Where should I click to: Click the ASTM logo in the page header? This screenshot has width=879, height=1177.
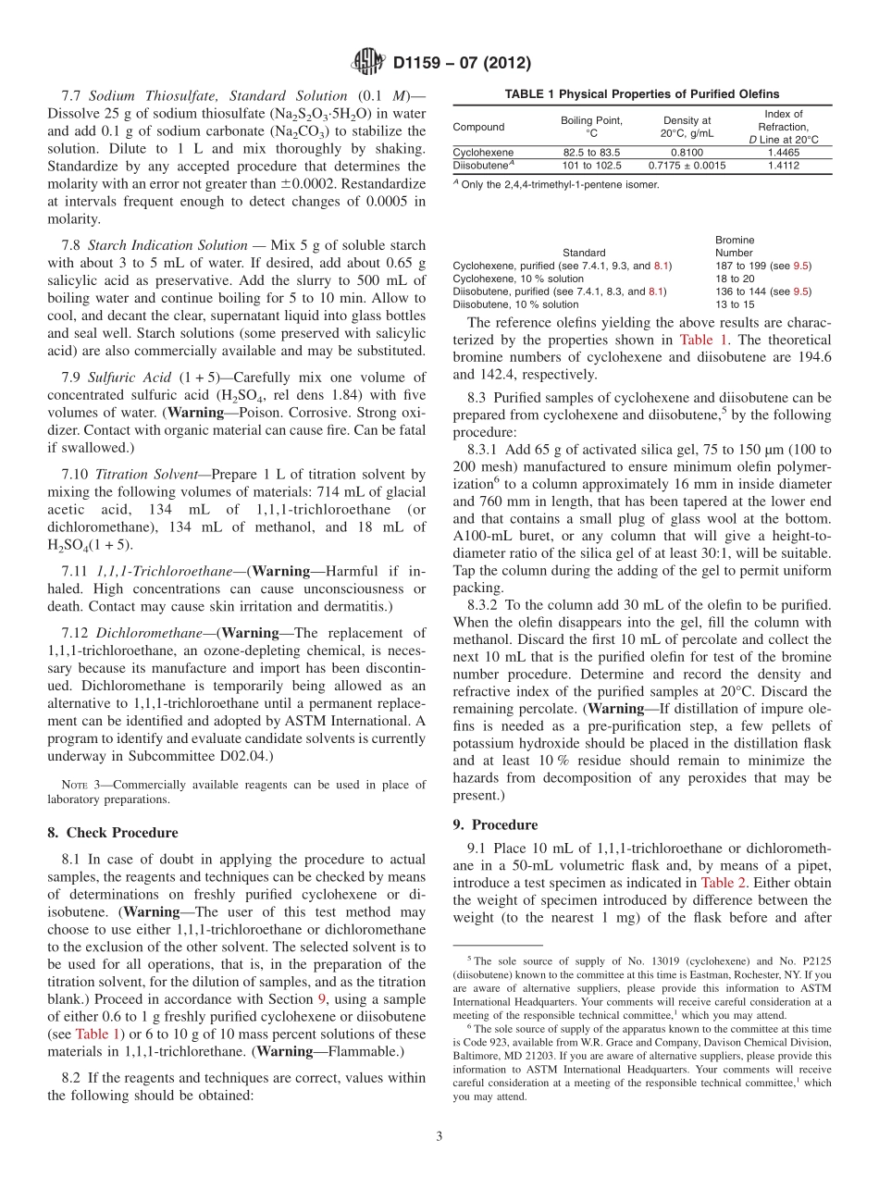368,63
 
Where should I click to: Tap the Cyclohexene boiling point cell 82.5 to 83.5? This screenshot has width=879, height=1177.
591,152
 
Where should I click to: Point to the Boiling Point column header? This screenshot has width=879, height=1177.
591,127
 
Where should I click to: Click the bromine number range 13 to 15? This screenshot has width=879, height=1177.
735,304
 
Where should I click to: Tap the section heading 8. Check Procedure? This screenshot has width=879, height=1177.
112,833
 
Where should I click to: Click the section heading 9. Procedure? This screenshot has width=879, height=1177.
504,824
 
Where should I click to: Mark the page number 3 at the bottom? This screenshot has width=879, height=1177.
439,1136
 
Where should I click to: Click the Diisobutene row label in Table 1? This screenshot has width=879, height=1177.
479,166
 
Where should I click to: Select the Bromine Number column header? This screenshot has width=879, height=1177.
735,246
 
